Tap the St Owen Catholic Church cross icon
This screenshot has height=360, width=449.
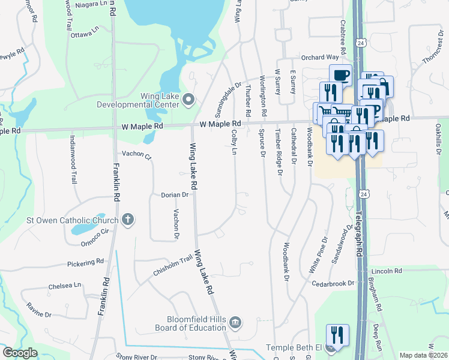point(127,220)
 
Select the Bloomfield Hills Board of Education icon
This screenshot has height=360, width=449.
point(235,323)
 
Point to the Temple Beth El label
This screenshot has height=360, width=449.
point(297,347)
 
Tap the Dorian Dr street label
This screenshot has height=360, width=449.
point(175,195)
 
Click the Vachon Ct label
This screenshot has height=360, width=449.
point(136,154)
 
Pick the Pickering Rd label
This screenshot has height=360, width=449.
point(85,263)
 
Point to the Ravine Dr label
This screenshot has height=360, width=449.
point(39,310)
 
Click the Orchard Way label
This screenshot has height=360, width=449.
point(320,58)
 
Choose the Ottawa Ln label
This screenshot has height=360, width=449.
point(86,31)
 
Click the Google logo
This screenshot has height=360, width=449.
point(20,353)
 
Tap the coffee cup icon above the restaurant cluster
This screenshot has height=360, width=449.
point(340,75)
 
